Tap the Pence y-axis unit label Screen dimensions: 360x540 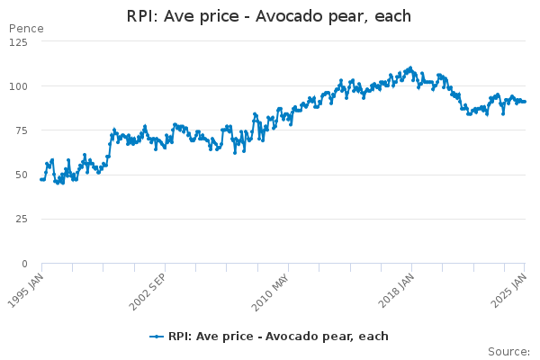pyautogui.click(x=25, y=29)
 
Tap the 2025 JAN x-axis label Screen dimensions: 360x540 pyautogui.click(x=510, y=291)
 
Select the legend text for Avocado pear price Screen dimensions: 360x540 pyautogui.click(x=278, y=337)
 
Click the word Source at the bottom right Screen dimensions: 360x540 pyautogui.click(x=508, y=352)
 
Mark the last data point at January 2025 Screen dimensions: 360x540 pyautogui.click(x=526, y=102)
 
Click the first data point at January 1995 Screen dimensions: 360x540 pyautogui.click(x=41, y=179)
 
